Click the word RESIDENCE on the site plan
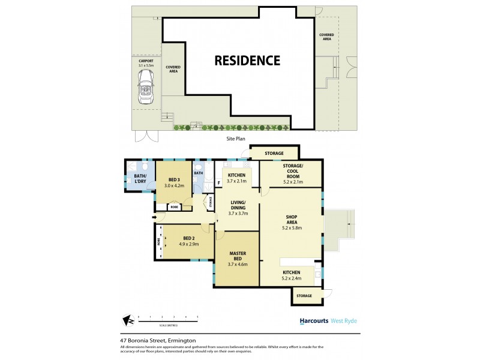click(248, 61)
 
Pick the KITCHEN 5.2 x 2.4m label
click(291, 275)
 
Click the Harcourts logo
click(314, 321)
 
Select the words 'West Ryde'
click(344, 321)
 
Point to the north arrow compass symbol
click(128, 320)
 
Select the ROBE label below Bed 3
click(174, 207)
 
